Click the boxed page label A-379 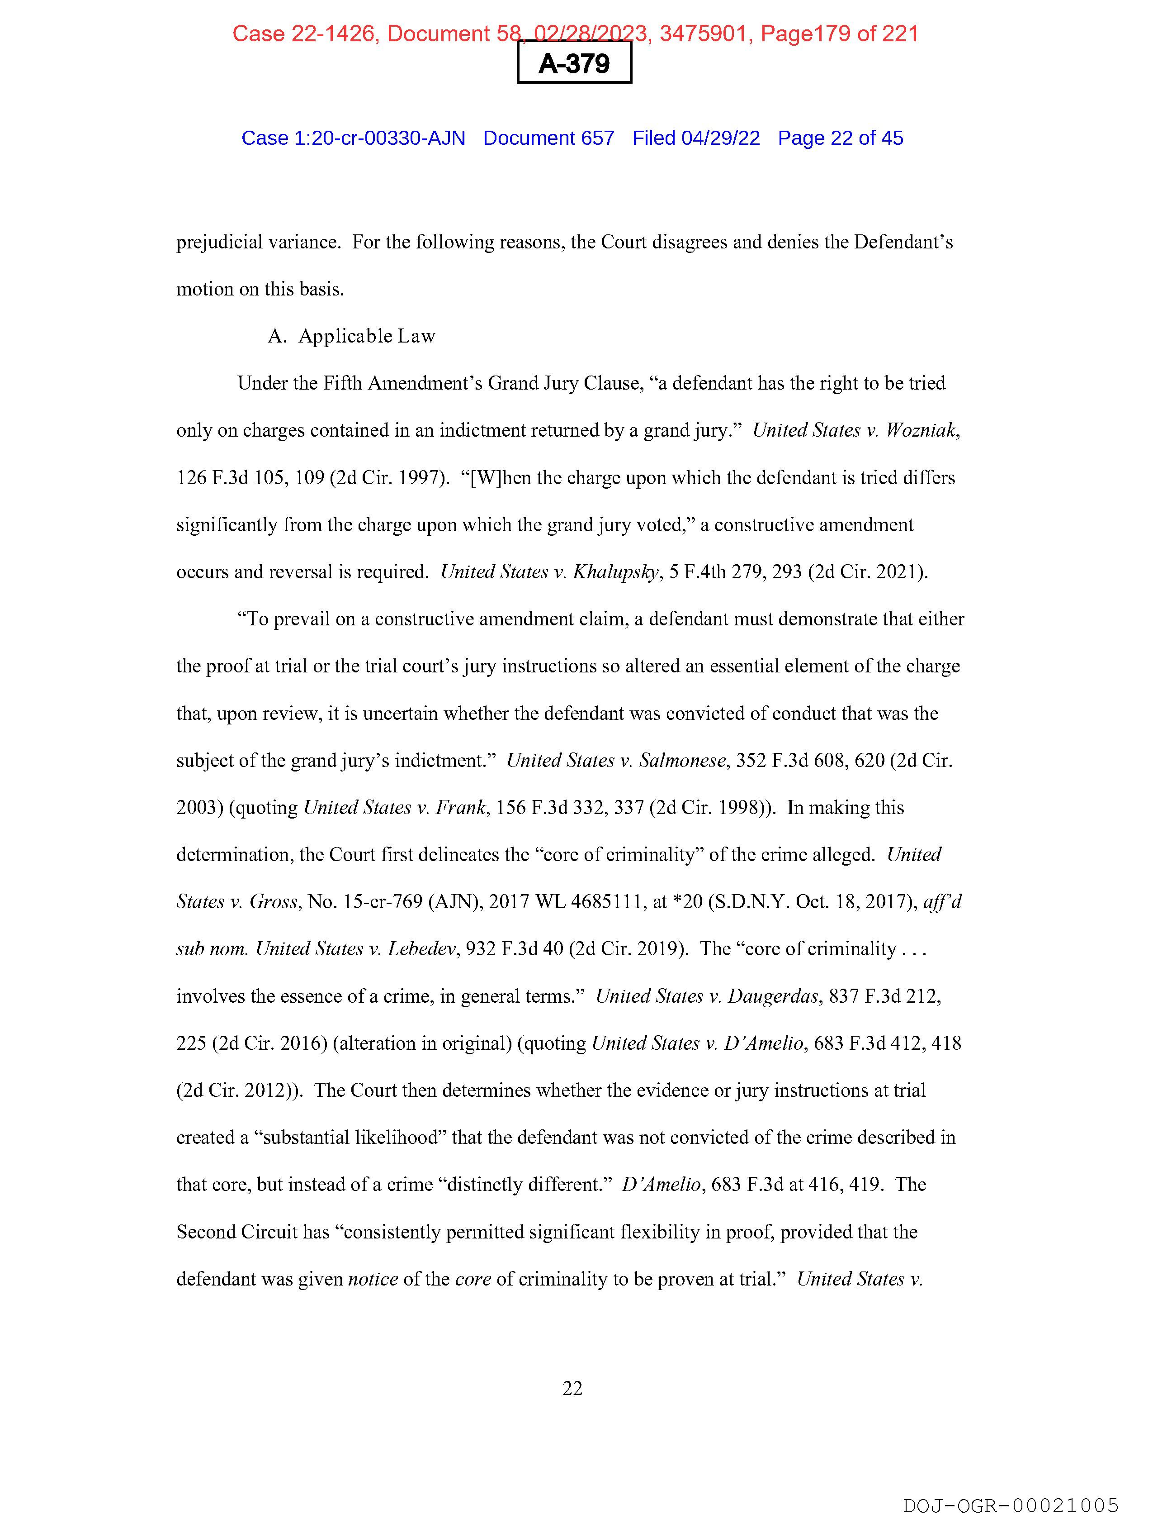click(574, 63)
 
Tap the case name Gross click(274, 902)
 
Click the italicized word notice click(373, 1279)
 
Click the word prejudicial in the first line click(220, 243)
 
